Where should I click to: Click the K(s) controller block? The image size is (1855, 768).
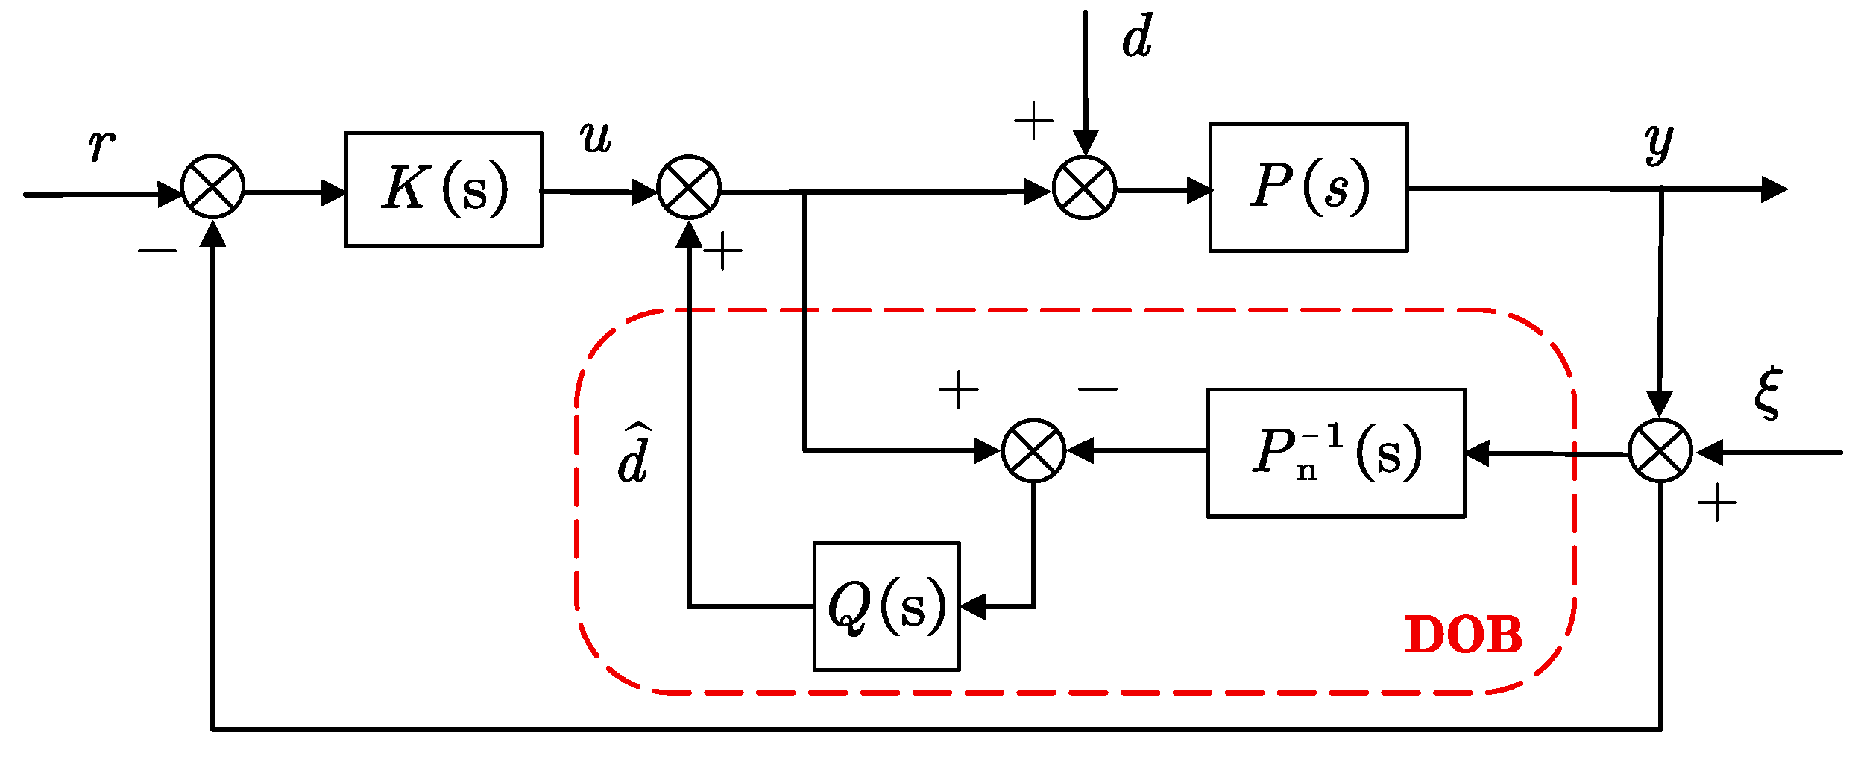click(443, 189)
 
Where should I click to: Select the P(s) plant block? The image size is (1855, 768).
click(1308, 187)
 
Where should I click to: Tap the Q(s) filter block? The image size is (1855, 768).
click(886, 606)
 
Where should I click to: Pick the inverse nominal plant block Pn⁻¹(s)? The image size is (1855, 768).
click(1335, 453)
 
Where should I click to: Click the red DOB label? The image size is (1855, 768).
click(1463, 636)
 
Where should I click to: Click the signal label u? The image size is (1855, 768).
click(596, 139)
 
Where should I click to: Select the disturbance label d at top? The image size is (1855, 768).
click(1137, 37)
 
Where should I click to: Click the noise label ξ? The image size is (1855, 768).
click(1768, 393)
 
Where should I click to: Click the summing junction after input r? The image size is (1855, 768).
click(213, 186)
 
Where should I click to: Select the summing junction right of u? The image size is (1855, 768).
click(689, 187)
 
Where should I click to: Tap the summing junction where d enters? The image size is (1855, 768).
click(1084, 187)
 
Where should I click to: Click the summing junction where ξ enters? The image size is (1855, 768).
click(1660, 450)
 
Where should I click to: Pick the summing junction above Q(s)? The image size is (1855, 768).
click(1033, 450)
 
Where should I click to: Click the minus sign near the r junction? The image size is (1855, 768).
click(157, 251)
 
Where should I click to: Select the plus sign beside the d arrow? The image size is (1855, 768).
click(1033, 121)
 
